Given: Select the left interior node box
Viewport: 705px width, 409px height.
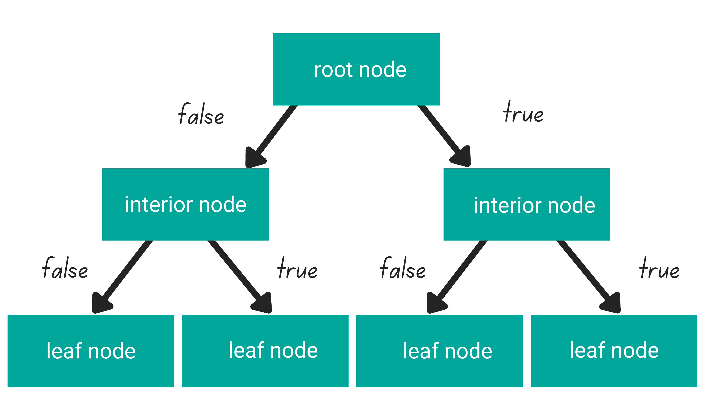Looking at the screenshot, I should (x=186, y=204).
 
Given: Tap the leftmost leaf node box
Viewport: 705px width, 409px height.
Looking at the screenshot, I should (x=91, y=351).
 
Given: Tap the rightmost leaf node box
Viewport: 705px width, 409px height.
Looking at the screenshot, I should (x=614, y=351).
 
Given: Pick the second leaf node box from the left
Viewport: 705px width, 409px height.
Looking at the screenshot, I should (x=265, y=351).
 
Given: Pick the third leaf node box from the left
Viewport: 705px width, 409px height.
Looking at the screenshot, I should (x=439, y=351).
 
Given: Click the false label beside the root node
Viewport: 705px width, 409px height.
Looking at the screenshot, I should (x=201, y=114).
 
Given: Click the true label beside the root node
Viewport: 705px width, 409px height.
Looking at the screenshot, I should (x=523, y=112).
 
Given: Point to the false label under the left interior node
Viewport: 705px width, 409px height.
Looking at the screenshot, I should (x=65, y=268).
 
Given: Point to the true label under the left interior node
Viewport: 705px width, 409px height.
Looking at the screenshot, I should (x=297, y=268).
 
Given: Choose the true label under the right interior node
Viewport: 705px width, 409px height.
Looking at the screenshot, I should (x=659, y=268).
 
